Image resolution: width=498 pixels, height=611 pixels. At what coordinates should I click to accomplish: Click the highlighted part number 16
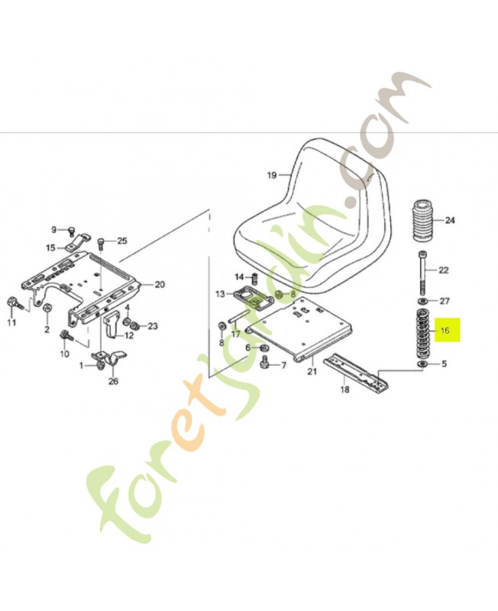(x=446, y=331)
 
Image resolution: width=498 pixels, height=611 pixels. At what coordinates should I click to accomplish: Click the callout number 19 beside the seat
(x=271, y=176)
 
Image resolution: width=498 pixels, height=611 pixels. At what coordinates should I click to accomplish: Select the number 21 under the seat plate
(x=311, y=372)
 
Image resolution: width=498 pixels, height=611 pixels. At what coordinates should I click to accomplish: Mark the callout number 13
(x=220, y=294)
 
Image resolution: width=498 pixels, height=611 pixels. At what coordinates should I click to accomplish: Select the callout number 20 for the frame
(x=159, y=285)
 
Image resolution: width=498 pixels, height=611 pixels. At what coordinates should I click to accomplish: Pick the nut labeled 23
(x=133, y=327)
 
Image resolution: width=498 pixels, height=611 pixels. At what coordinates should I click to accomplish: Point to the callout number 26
(x=113, y=382)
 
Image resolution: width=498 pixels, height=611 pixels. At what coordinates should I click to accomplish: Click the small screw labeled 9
(x=70, y=230)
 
